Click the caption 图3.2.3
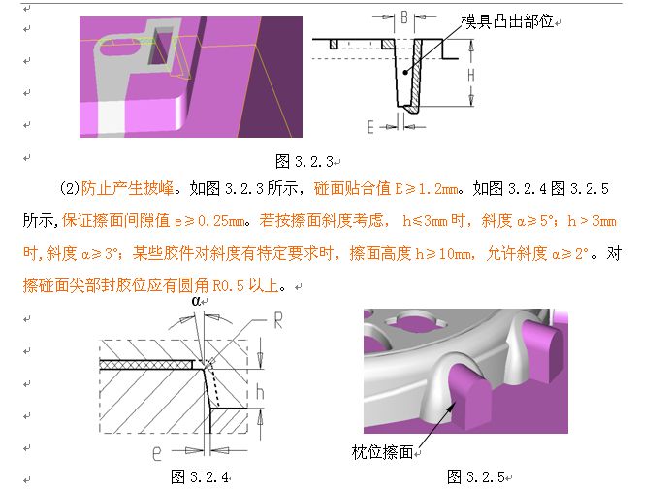304,162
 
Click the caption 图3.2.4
200,476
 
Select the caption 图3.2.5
476,476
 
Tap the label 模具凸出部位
507,21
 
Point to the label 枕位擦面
382,452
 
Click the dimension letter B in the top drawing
404,17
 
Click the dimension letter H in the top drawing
471,76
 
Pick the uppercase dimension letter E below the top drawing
370,127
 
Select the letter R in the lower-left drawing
278,320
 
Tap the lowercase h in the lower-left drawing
260,392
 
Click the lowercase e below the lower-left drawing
157,452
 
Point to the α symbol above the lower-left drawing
196,301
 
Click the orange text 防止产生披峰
127,188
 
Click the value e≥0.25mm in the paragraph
209,221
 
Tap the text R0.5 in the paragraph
229,285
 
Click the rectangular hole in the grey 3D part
161,47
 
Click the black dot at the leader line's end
405,73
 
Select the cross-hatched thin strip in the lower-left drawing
146,365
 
